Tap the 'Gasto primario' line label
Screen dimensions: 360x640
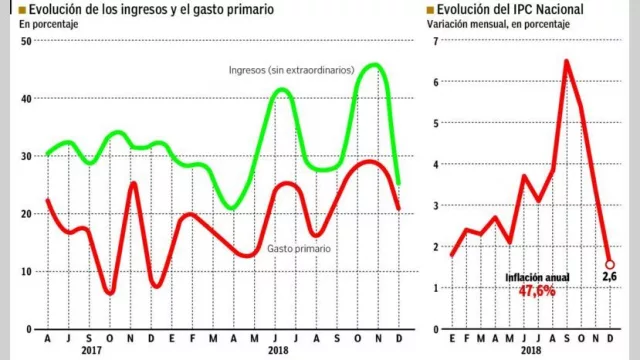point(298,248)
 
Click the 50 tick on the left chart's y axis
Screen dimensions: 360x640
point(27,41)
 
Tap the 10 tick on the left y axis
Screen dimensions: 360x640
point(27,271)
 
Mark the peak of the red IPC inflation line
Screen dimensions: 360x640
point(566,61)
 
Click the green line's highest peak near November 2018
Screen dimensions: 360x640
point(372,65)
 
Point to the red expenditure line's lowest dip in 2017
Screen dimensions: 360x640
point(109,292)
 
